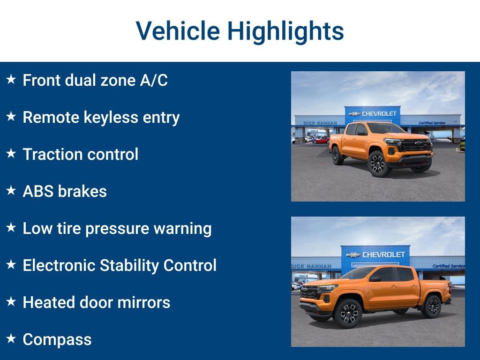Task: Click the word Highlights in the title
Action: tap(285, 32)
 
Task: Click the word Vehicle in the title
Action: tap(178, 31)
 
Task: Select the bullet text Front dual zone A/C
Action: tap(95, 81)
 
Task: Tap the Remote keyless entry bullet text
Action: tap(101, 118)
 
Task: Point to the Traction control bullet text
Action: tap(81, 155)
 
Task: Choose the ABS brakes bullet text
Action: tap(65, 192)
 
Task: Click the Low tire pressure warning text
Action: tap(117, 229)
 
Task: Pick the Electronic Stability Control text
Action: tap(120, 266)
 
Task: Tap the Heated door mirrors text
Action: tap(97, 303)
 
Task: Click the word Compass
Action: tap(57, 340)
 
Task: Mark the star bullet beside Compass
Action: tap(11, 338)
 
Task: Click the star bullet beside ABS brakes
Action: tap(11, 190)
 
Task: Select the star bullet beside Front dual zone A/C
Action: tap(11, 79)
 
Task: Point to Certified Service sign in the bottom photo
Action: tap(448, 266)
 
